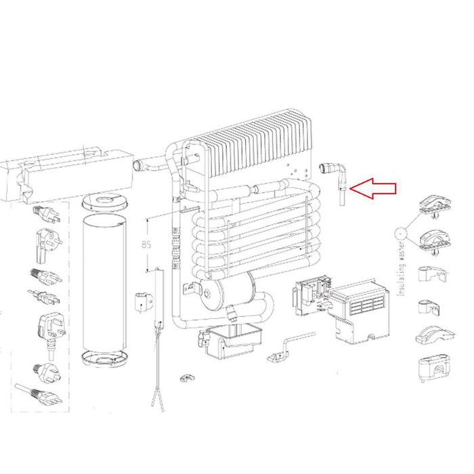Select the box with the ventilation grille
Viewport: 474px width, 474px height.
click(x=360, y=309)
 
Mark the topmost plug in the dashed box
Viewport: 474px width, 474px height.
click(x=47, y=215)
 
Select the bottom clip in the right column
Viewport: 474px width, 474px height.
click(x=432, y=368)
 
